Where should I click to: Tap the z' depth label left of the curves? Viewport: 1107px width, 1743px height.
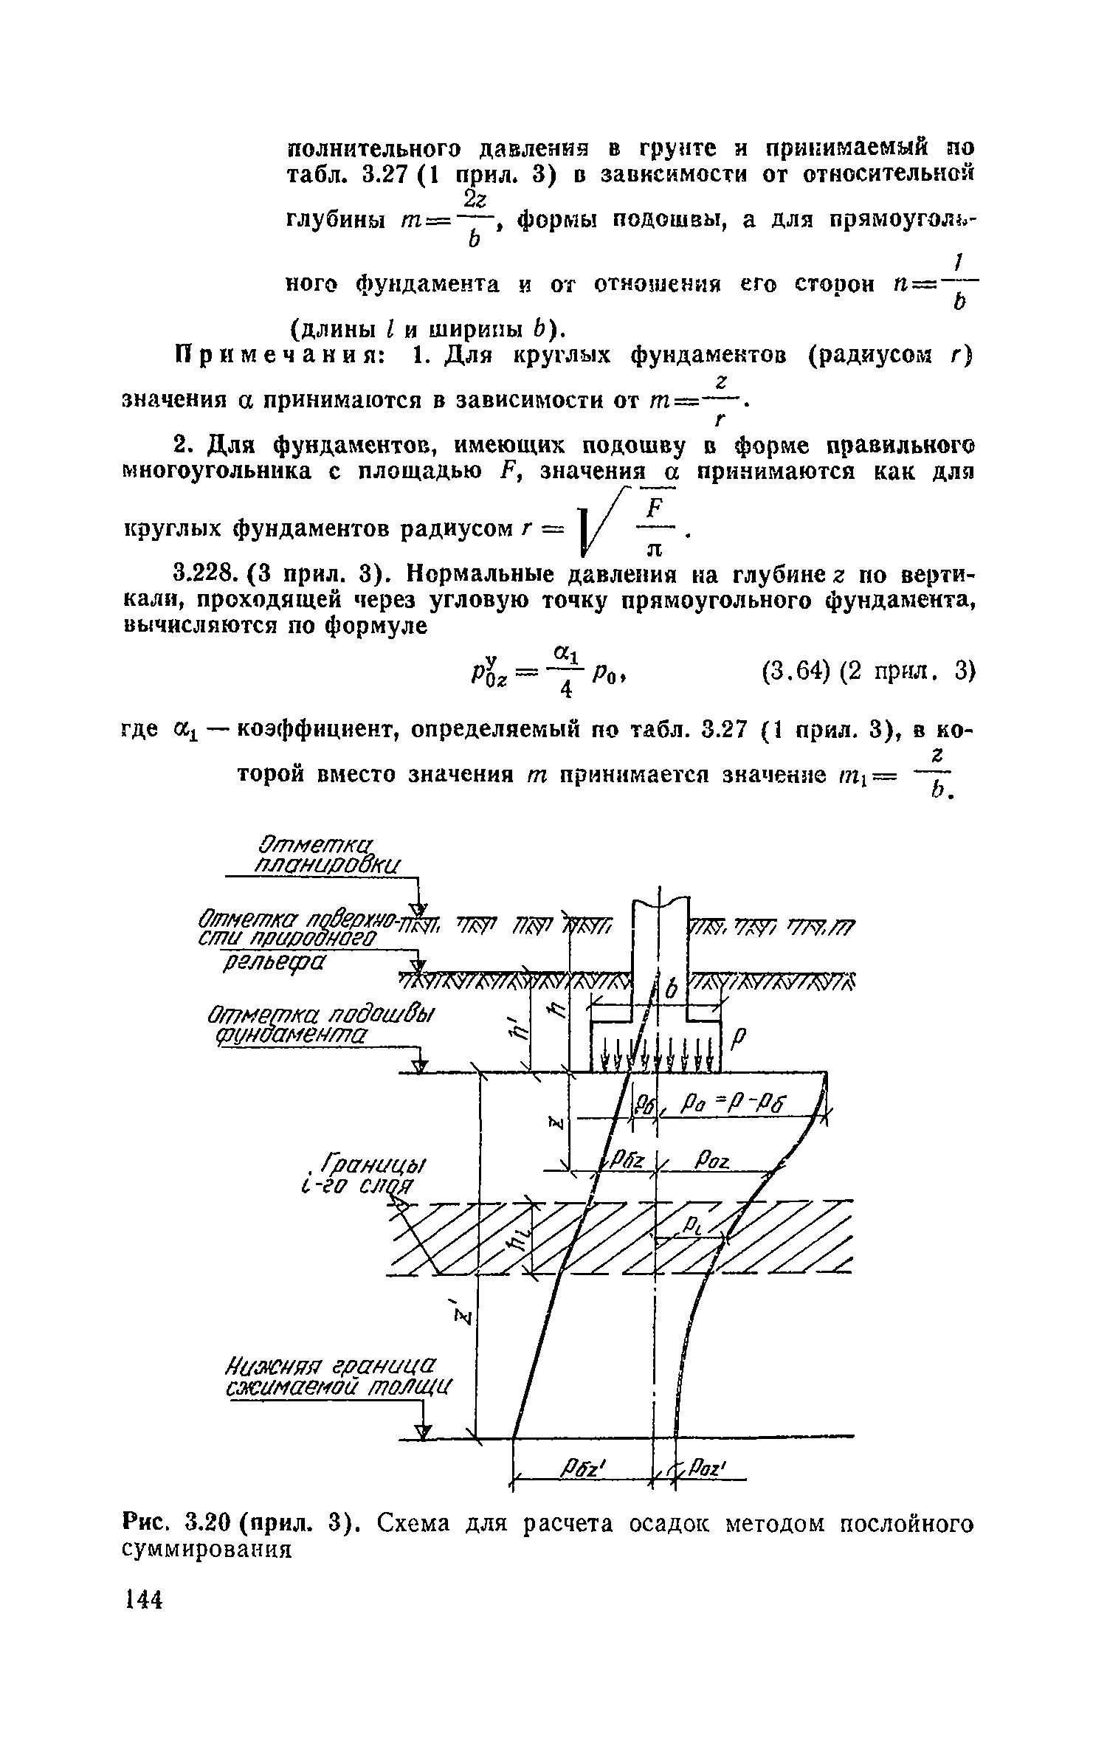click(464, 1316)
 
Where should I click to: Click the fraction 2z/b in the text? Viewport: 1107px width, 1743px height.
click(472, 219)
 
